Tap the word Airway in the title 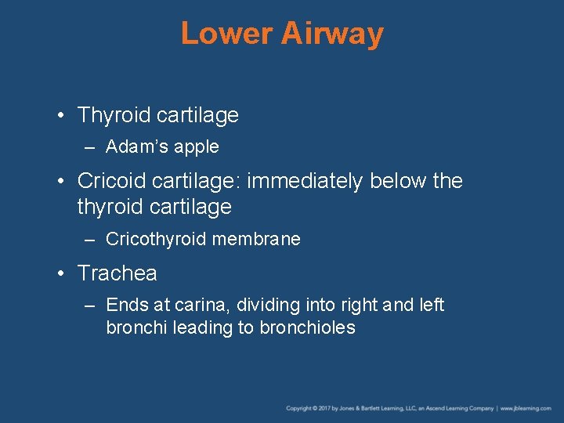(x=332, y=34)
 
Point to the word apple (x=197, y=147)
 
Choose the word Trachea (x=117, y=273)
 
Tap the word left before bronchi (x=429, y=305)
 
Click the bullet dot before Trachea (x=60, y=274)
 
